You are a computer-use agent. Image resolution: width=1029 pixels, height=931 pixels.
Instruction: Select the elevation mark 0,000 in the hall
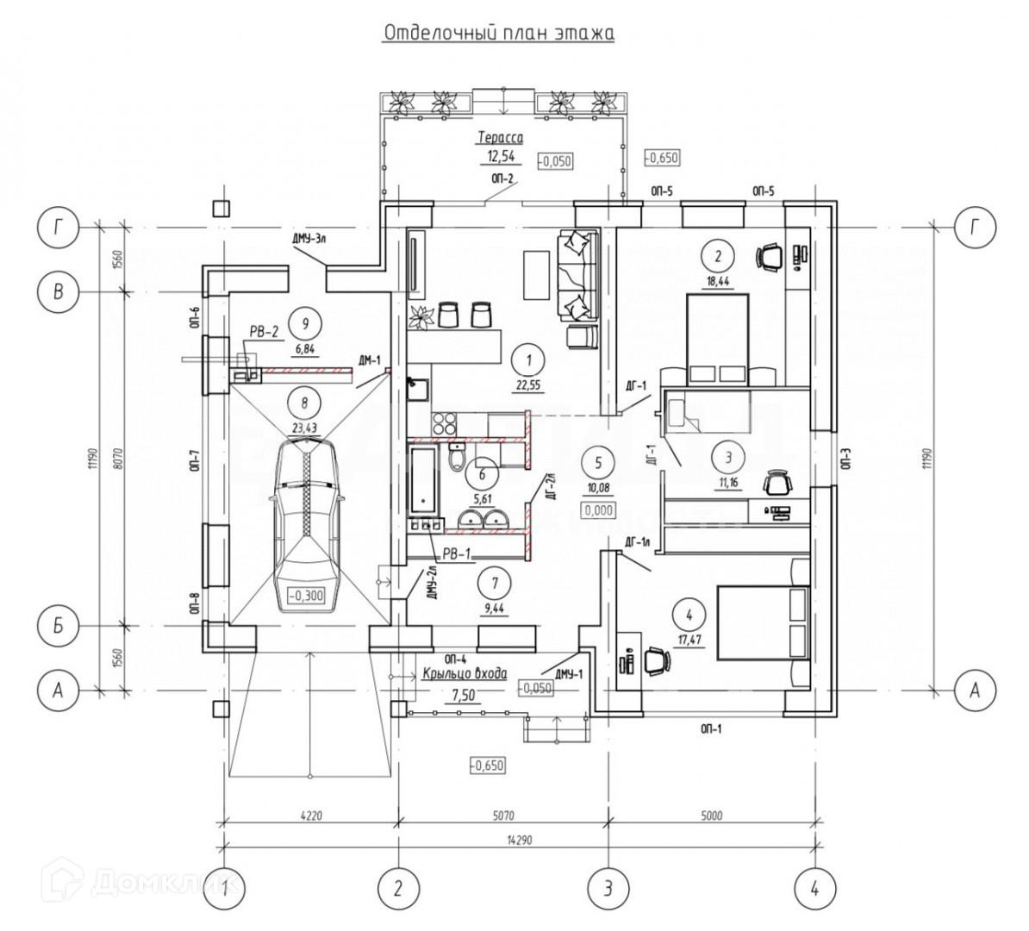tap(598, 510)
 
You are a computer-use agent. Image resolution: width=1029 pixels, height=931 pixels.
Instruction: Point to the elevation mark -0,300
tap(308, 594)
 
